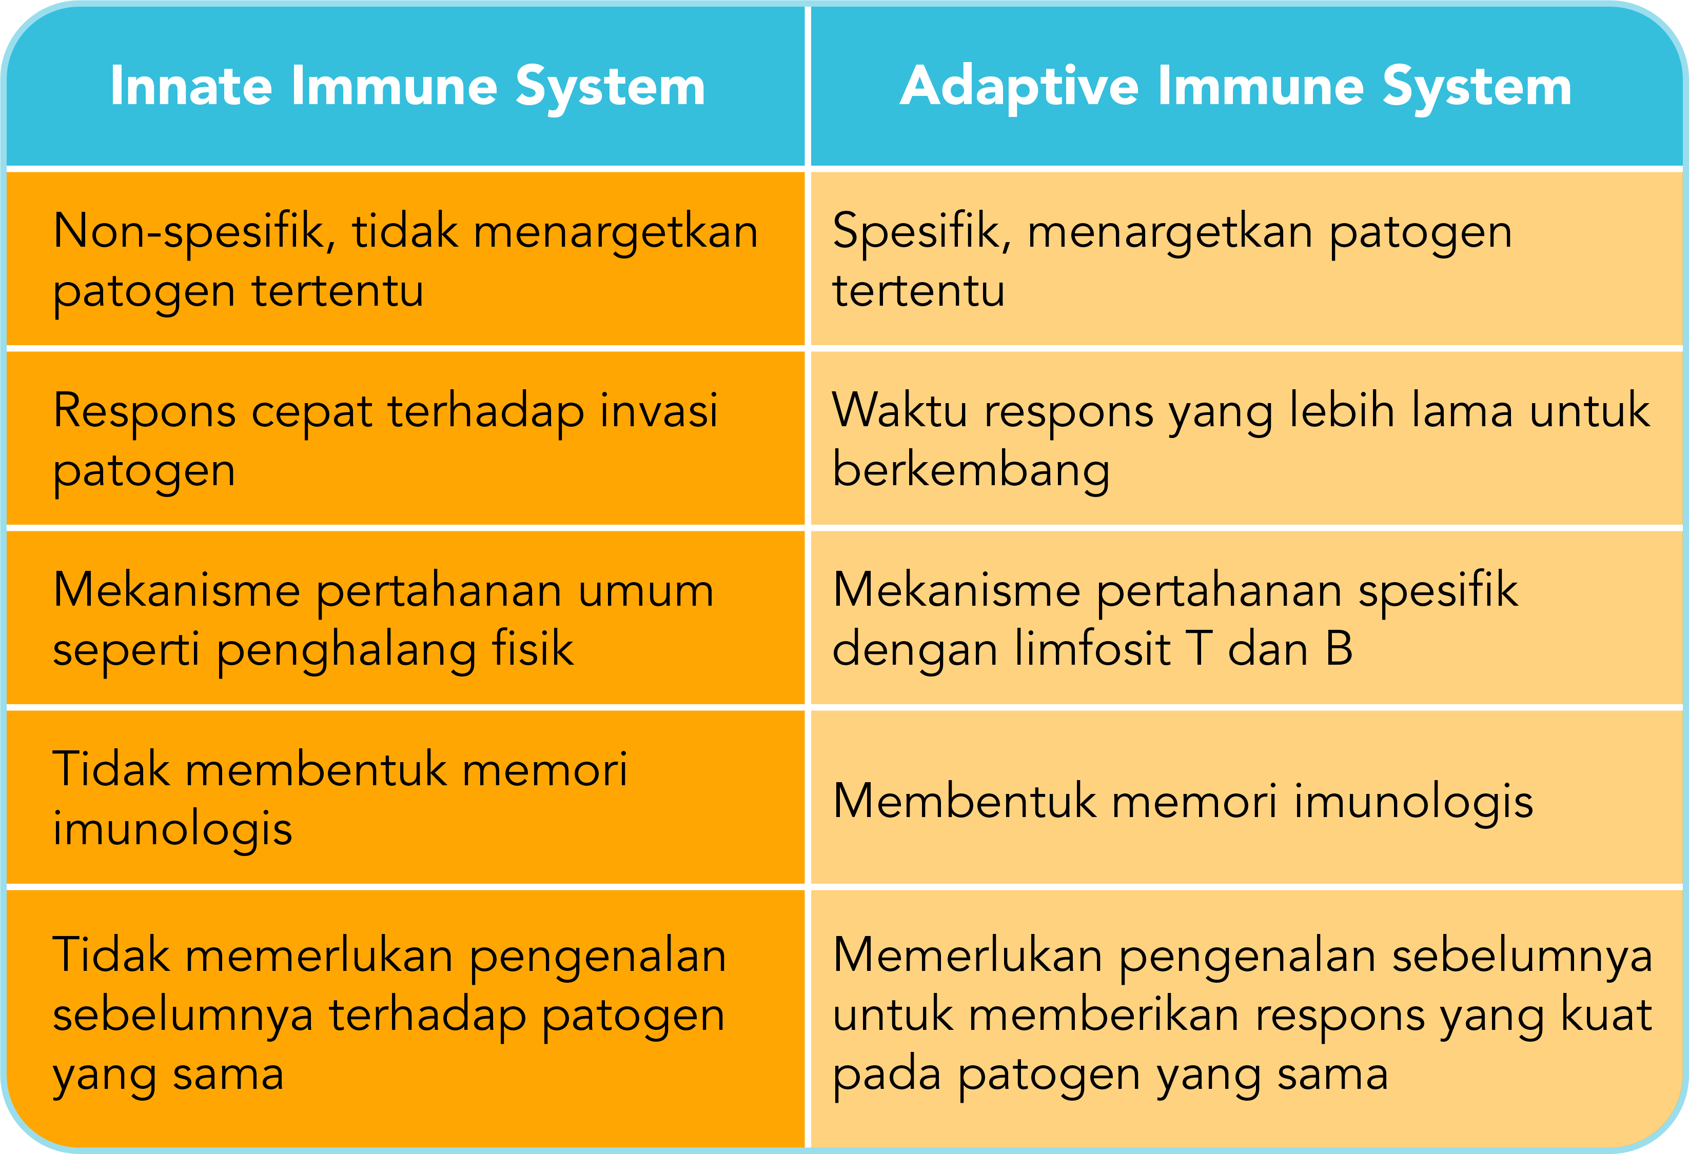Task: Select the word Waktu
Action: coord(899,411)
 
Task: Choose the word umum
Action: coord(646,590)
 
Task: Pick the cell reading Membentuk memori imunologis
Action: coord(1183,802)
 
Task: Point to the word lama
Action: coord(1462,411)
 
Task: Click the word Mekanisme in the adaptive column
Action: coord(956,590)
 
